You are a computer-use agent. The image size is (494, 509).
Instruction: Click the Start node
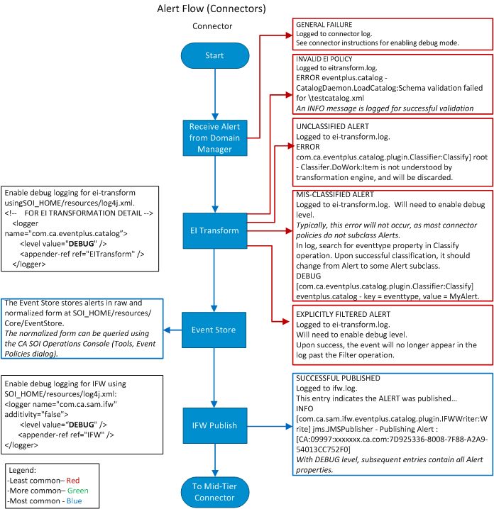214,56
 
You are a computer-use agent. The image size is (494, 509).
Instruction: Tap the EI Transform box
214,230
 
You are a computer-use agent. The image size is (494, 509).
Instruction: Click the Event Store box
214,330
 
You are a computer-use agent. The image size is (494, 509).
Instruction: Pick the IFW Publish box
214,425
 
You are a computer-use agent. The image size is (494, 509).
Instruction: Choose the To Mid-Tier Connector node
214,491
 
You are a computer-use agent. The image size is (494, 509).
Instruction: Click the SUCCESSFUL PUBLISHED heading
338,379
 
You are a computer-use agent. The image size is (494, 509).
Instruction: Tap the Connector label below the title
212,26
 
